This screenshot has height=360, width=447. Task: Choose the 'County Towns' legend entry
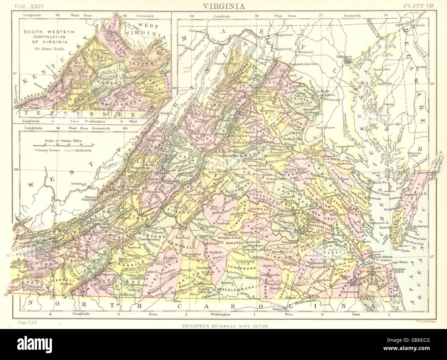[48, 150]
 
